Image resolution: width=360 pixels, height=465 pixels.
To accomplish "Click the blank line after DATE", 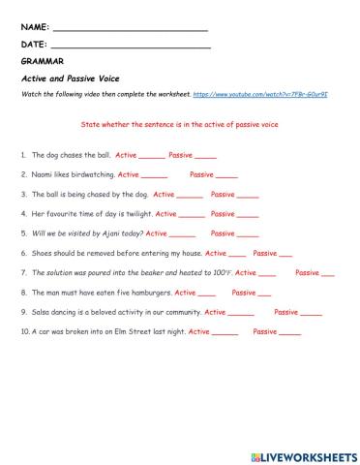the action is coord(130,45).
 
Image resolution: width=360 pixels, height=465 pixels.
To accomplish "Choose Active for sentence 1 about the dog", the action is coord(126,155).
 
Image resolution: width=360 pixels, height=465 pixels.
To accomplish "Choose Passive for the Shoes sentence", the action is coord(265,253).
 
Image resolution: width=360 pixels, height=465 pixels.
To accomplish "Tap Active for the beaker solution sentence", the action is coord(246,272).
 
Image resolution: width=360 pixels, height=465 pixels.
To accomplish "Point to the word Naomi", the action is coord(44,174).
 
